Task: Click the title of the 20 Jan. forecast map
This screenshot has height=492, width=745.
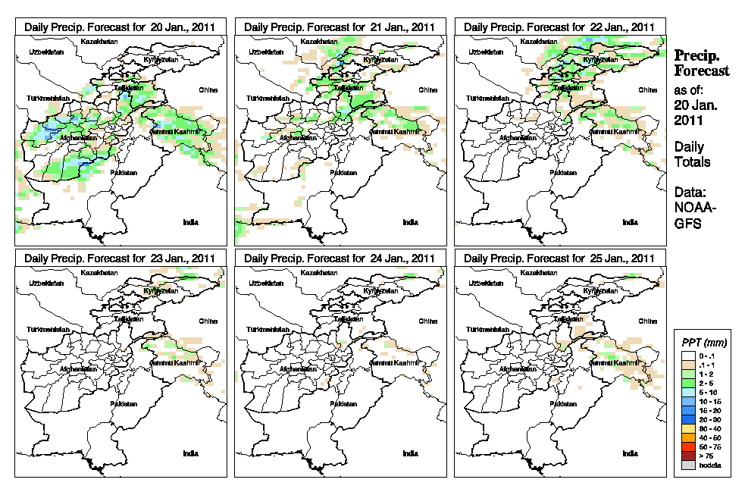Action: (x=120, y=27)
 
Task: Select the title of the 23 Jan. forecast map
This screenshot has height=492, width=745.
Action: (x=120, y=258)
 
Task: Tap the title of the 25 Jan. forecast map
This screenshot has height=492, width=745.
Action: (x=559, y=258)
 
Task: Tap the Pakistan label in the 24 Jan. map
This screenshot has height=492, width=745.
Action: (x=343, y=403)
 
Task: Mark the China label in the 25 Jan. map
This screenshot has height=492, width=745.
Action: (x=647, y=320)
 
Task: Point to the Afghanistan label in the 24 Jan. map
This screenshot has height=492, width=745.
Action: (x=299, y=369)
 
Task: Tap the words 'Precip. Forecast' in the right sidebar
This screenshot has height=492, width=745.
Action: (x=701, y=63)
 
